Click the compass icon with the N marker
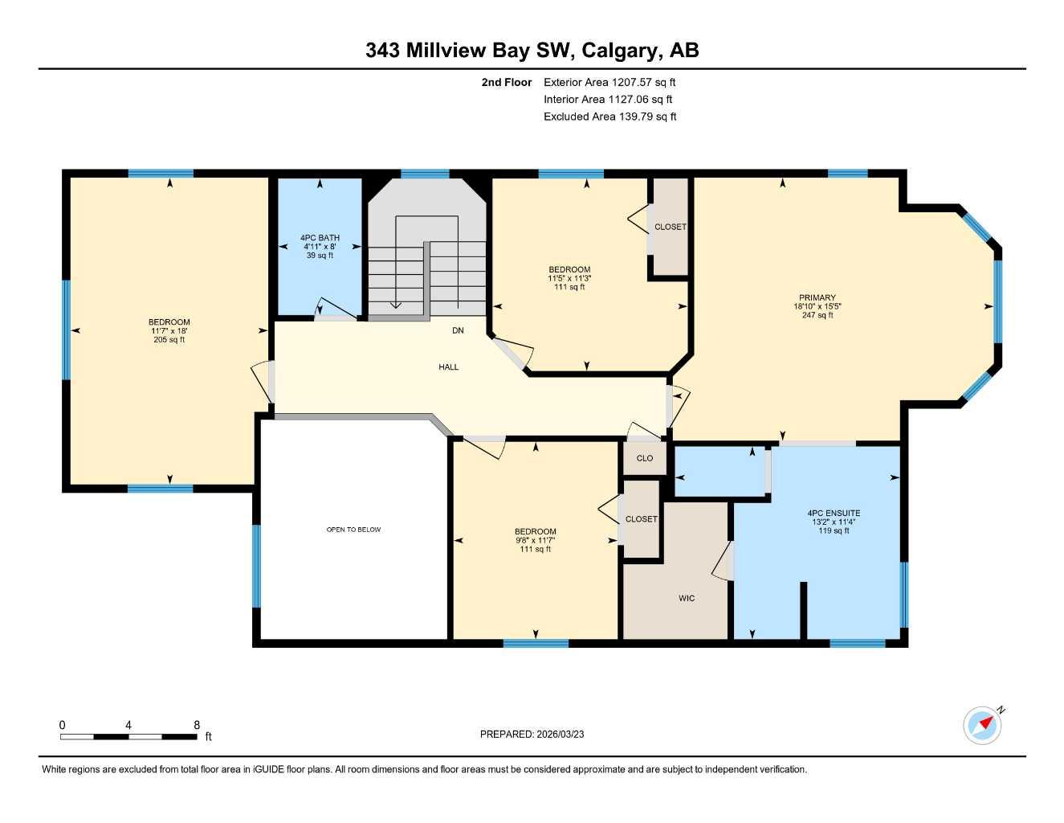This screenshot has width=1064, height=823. pyautogui.click(x=982, y=725)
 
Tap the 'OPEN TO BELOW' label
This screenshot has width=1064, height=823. pyautogui.click(x=353, y=530)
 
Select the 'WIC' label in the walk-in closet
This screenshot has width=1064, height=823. pyautogui.click(x=687, y=598)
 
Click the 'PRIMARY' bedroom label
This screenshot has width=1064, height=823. pyautogui.click(x=817, y=297)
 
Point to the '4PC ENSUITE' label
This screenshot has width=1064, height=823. pyautogui.click(x=834, y=513)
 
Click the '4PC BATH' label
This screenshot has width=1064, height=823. pyautogui.click(x=320, y=238)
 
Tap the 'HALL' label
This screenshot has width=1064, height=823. pyautogui.click(x=448, y=367)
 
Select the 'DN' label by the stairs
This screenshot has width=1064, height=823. pyautogui.click(x=458, y=330)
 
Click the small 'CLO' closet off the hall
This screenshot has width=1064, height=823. pyautogui.click(x=644, y=458)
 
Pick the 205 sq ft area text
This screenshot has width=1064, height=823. pyautogui.click(x=169, y=340)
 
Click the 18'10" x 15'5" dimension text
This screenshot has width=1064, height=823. pyautogui.click(x=817, y=306)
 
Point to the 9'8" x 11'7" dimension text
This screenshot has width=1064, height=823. pyautogui.click(x=535, y=541)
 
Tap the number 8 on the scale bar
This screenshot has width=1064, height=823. pyautogui.click(x=197, y=725)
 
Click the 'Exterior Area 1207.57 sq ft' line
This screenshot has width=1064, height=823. pyautogui.click(x=609, y=82)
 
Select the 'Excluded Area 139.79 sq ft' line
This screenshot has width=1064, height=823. pyautogui.click(x=609, y=117)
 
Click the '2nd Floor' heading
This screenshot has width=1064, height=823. pyautogui.click(x=506, y=82)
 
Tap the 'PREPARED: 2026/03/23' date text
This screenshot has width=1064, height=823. pyautogui.click(x=532, y=734)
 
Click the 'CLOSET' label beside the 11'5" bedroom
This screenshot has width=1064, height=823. pyautogui.click(x=670, y=227)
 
